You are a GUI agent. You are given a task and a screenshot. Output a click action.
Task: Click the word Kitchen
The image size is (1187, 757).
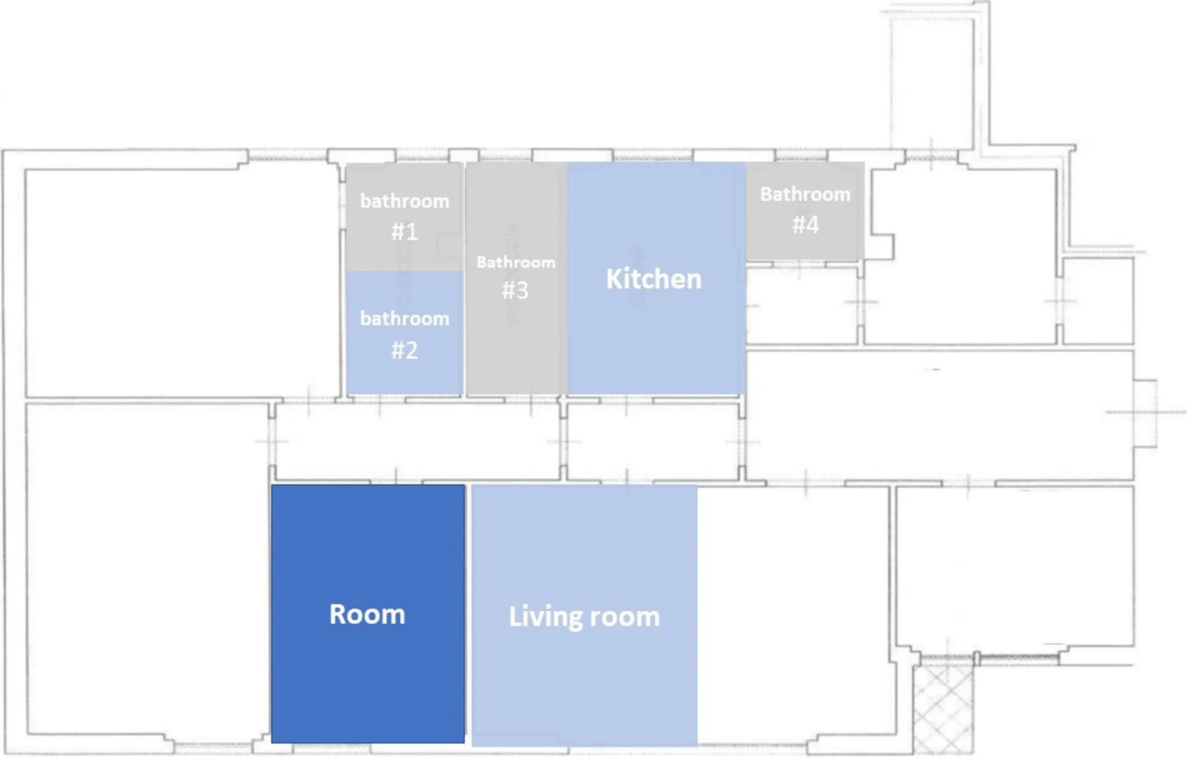[653, 279]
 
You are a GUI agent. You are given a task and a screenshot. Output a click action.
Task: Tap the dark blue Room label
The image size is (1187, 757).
[367, 614]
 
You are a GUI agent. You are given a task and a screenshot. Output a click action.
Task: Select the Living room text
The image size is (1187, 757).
[584, 617]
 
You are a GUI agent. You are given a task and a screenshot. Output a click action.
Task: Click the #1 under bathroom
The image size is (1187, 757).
[405, 232]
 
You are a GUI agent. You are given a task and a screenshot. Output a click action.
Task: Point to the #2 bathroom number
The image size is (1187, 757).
[405, 350]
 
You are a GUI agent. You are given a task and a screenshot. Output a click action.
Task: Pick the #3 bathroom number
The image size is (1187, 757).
[515, 290]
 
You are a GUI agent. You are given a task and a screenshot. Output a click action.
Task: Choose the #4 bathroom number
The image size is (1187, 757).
[806, 224]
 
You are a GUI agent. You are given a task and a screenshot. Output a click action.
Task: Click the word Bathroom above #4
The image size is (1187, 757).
[806, 194]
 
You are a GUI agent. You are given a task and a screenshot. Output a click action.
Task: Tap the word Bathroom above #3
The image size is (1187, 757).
[515, 262]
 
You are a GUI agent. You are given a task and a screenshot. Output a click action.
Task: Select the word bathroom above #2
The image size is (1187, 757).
[405, 319]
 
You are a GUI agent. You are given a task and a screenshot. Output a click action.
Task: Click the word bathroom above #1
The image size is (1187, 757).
[405, 201]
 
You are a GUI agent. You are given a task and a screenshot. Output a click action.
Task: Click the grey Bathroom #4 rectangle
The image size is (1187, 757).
[805, 211]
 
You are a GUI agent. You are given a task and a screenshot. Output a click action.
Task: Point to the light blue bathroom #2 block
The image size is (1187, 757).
[405, 333]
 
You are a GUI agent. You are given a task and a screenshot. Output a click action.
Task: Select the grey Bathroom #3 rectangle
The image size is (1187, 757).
[516, 278]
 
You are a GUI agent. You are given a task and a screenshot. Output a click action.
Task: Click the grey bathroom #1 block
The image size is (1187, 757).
[405, 217]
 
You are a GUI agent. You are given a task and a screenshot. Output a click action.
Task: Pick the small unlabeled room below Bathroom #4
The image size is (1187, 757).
[802, 305]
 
